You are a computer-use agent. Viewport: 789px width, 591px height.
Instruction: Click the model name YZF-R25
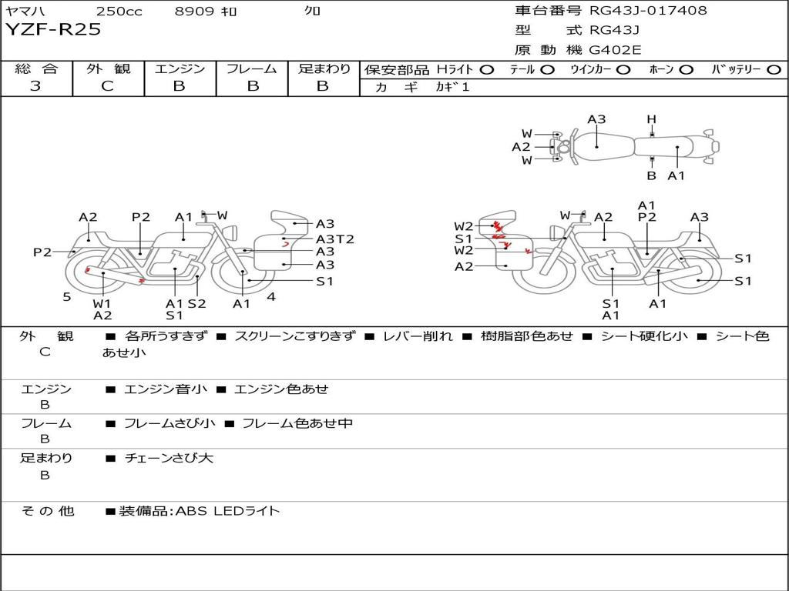tap(53, 30)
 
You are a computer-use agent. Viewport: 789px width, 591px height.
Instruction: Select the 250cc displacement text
tap(119, 11)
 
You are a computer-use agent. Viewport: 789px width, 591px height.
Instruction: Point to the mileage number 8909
tap(195, 11)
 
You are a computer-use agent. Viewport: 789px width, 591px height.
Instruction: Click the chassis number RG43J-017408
tap(648, 11)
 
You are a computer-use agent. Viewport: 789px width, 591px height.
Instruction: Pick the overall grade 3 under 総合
tap(35, 86)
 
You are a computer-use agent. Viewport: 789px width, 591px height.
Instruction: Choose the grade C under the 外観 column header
tap(108, 86)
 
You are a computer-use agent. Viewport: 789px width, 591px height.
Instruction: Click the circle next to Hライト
tap(487, 69)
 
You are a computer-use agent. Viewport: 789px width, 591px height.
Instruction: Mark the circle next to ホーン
tap(687, 69)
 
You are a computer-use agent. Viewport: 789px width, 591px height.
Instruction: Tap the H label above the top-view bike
tap(651, 119)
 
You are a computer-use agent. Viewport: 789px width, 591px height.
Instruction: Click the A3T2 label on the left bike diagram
tap(335, 239)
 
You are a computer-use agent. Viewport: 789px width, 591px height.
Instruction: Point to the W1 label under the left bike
tap(102, 303)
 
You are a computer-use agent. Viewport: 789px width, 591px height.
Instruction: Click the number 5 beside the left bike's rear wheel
tap(67, 296)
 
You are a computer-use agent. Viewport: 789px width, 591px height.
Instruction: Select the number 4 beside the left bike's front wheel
tap(270, 296)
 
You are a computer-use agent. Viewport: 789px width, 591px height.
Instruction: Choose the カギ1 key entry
tap(452, 87)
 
